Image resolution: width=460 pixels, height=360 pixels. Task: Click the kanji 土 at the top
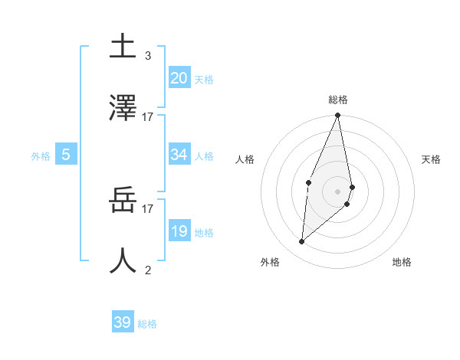click(123, 46)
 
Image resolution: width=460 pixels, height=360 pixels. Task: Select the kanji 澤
click(123, 108)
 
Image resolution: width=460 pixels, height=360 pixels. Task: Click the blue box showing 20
click(179, 77)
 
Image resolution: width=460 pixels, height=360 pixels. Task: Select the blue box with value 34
click(179, 155)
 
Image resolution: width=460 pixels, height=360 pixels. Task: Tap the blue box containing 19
click(179, 231)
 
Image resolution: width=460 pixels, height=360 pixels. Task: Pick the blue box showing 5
click(66, 155)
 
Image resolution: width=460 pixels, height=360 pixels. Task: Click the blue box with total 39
click(122, 322)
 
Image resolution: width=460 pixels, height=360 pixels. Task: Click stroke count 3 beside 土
click(148, 56)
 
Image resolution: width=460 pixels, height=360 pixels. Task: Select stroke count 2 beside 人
click(148, 270)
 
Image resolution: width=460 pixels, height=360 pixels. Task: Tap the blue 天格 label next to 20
click(204, 79)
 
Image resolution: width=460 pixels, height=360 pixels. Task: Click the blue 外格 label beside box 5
click(41, 156)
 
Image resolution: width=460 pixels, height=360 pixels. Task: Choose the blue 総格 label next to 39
click(147, 324)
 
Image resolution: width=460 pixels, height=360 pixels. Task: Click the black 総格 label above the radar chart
click(338, 100)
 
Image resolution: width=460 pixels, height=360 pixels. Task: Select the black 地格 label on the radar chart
click(402, 262)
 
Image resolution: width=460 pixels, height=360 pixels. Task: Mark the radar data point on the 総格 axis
click(338, 116)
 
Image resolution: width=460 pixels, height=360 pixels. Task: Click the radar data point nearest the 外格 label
click(302, 242)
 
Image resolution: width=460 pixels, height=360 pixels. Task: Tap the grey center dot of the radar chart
click(338, 191)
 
